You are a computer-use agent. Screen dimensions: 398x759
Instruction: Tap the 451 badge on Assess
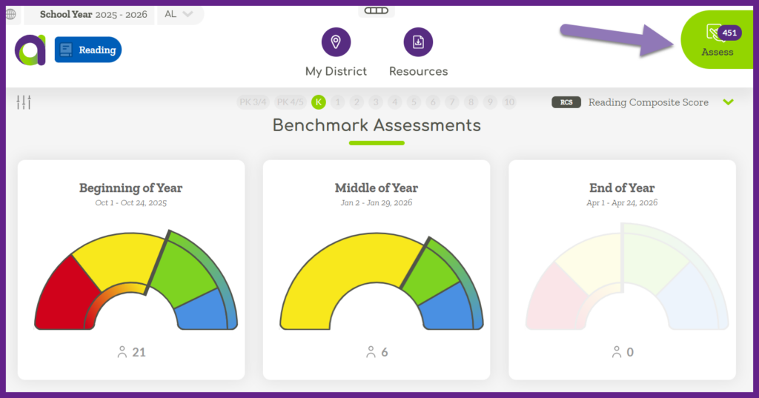pos(729,33)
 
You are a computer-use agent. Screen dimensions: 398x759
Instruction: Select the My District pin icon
pos(336,42)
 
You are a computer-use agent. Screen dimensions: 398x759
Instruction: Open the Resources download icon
pos(418,42)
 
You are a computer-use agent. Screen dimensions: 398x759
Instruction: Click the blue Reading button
pos(88,50)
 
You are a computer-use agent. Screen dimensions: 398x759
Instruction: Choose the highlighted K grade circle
pos(319,102)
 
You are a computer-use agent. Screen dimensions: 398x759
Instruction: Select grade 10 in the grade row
pos(508,102)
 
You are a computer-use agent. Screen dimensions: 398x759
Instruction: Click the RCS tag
pos(566,102)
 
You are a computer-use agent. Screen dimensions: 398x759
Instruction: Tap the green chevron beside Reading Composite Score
pos(729,102)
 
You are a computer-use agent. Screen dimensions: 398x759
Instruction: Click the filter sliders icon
pos(24,102)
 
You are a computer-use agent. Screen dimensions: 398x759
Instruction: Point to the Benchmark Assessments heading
pos(377,125)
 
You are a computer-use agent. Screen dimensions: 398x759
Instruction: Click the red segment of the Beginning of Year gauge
pos(63,296)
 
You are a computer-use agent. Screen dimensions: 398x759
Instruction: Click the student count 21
pos(139,352)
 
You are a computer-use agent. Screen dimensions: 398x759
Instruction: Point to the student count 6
pos(384,352)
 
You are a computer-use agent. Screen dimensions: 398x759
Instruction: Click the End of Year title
pos(622,188)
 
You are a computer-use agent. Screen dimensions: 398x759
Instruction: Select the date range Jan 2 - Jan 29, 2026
pos(377,203)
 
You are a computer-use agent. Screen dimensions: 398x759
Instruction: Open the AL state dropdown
pos(178,14)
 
